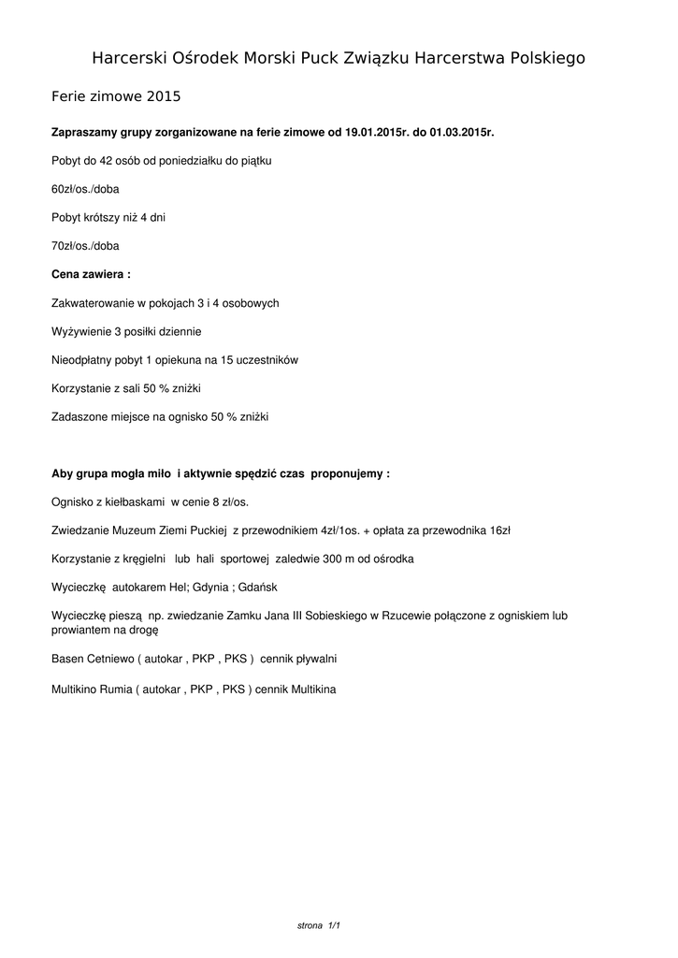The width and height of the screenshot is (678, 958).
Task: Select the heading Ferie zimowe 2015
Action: pyautogui.click(x=115, y=96)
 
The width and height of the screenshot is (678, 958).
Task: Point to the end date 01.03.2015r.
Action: pyautogui.click(x=461, y=132)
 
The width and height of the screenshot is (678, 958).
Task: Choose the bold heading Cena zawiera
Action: pyautogui.click(x=91, y=274)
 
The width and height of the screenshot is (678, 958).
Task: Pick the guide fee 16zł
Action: pyautogui.click(x=499, y=530)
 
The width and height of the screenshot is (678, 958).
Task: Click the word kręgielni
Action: pyautogui.click(x=141, y=559)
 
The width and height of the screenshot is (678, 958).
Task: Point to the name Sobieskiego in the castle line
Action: pyautogui.click(x=337, y=616)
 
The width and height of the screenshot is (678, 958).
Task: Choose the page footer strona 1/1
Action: pyautogui.click(x=318, y=925)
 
